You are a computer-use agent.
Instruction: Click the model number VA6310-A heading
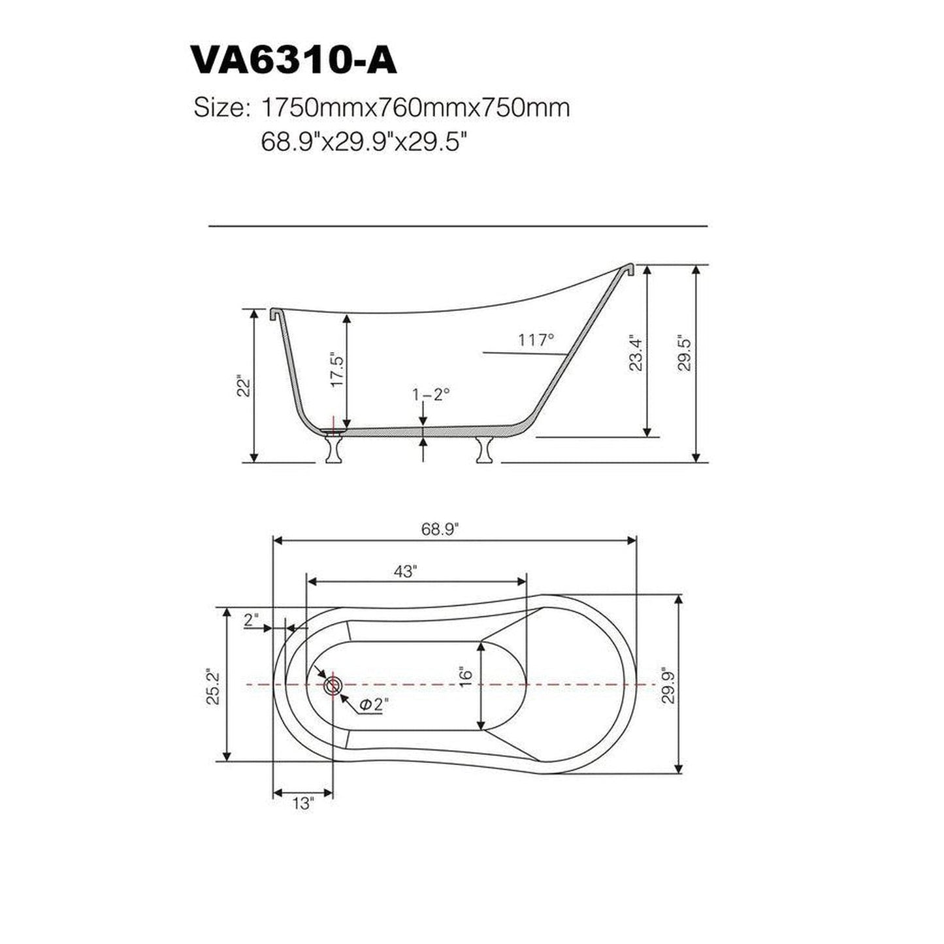pos(293,61)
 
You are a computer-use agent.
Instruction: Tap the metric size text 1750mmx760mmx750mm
pos(414,108)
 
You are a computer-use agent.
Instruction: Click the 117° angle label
pos(536,340)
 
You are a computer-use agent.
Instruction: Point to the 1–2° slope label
pos(431,394)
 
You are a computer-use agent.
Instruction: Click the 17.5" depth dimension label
pos(336,370)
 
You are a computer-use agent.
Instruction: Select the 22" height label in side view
pos(244,385)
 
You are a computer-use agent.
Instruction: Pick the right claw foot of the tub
pos(485,449)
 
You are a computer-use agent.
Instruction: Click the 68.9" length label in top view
pos(440,529)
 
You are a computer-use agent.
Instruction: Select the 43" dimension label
pos(405,572)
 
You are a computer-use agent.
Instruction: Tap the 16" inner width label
pos(464,675)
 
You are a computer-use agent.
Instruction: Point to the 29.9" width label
pos(668,685)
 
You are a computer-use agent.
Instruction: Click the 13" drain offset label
pos(303,804)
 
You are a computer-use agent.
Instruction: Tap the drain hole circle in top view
pos(333,685)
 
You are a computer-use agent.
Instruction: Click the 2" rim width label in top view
pos(252,620)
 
